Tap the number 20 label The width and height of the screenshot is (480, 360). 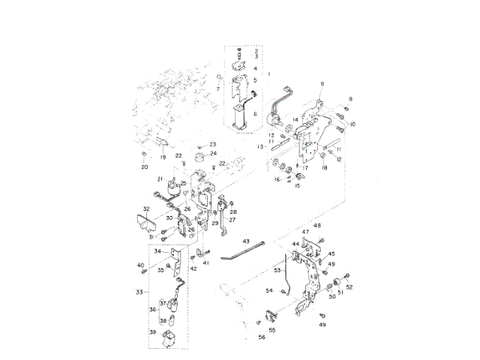click(x=145, y=167)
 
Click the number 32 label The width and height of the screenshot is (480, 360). click(x=147, y=208)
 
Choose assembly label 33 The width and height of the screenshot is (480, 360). click(x=139, y=291)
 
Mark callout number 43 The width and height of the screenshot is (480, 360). click(x=245, y=241)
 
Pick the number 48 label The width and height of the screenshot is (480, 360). click(x=316, y=226)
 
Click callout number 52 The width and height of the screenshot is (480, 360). click(x=349, y=287)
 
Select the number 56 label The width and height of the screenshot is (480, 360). click(x=262, y=337)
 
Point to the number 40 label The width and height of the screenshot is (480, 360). click(x=140, y=265)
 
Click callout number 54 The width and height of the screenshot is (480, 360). click(x=269, y=289)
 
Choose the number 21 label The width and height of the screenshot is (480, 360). click(x=160, y=178)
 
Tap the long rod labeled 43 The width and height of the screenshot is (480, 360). click(x=247, y=250)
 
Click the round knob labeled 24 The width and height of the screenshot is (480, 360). click(x=199, y=158)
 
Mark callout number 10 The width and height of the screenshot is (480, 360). click(x=352, y=124)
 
